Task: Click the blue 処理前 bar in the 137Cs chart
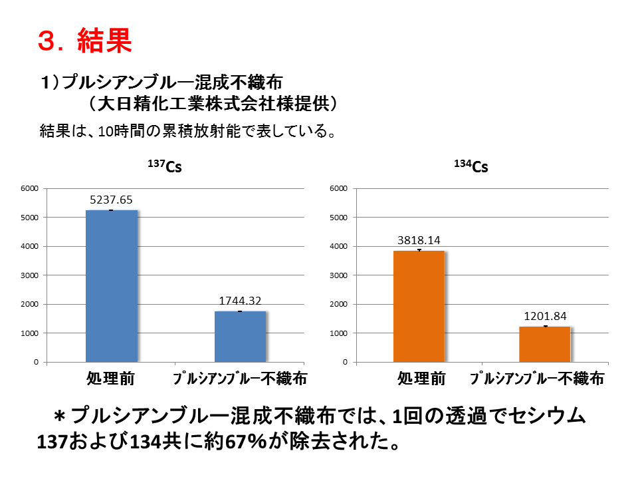[x=112, y=286]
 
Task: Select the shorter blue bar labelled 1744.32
[x=240, y=337]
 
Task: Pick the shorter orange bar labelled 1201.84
[x=544, y=344]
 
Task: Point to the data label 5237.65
[x=112, y=199]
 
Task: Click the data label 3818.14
[x=418, y=240]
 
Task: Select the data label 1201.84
[x=544, y=316]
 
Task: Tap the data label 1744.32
[x=241, y=301]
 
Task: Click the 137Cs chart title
[x=165, y=166]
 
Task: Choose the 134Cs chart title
[x=471, y=166]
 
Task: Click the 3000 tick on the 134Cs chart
[x=339, y=275]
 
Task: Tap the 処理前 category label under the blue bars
[x=111, y=379]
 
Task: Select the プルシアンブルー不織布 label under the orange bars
[x=537, y=379]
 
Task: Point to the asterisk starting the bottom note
[x=60, y=417]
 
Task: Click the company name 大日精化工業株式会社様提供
[x=217, y=104]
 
